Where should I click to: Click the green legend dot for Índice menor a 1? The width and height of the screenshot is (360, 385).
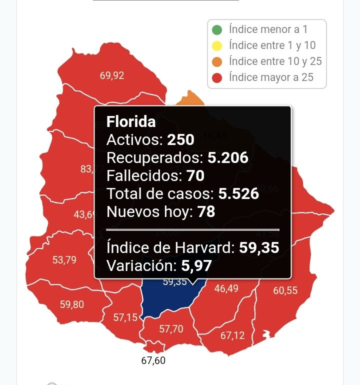click(217, 30)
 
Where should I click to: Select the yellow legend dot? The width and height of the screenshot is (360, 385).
click(217, 46)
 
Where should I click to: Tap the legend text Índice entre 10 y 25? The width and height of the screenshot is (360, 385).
click(275, 61)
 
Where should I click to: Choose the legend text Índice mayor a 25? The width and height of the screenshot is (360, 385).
click(270, 77)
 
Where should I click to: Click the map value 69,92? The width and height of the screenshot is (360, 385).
click(112, 76)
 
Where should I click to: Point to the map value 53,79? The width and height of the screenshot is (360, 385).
click(64, 260)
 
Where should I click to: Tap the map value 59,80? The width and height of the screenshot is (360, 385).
click(71, 304)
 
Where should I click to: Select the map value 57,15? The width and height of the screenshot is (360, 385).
click(125, 317)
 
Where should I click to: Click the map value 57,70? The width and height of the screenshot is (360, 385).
click(171, 329)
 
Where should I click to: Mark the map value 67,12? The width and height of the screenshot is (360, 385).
click(232, 335)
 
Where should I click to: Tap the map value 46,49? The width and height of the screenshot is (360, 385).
click(226, 288)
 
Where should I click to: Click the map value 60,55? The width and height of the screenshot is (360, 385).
click(285, 290)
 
